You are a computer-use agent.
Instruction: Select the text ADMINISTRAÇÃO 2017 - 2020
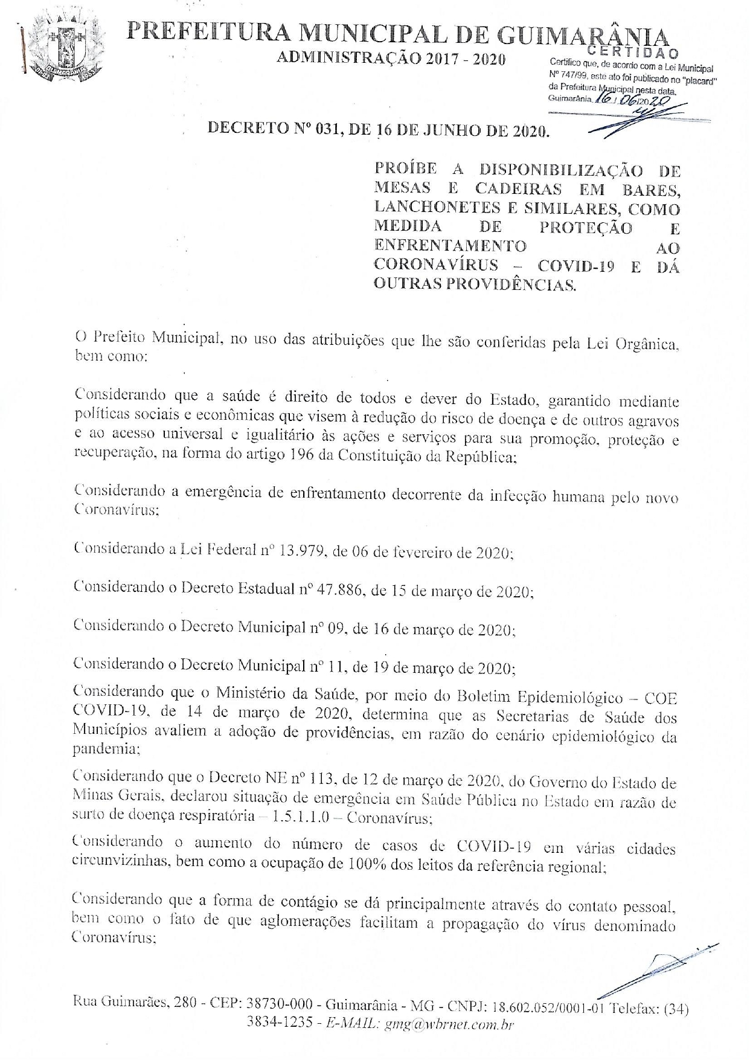390,59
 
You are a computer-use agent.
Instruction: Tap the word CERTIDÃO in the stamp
632,54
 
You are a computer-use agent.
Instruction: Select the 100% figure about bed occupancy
364,865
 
